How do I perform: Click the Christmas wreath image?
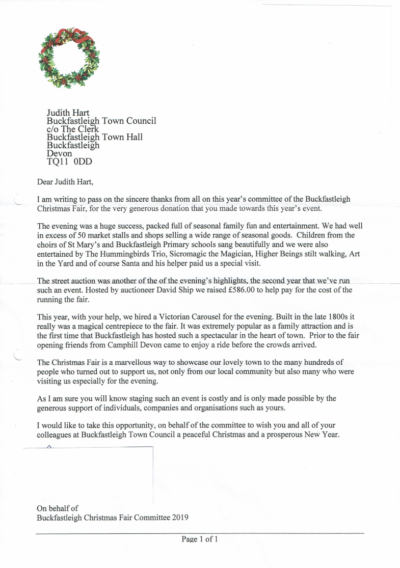click(69, 57)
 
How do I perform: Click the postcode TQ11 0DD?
click(69, 162)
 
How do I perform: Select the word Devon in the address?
click(59, 153)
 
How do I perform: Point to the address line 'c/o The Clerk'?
click(72, 129)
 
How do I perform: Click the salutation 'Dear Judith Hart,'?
click(66, 181)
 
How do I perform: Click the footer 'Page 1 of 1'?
click(200, 539)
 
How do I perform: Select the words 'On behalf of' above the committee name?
click(58, 508)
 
